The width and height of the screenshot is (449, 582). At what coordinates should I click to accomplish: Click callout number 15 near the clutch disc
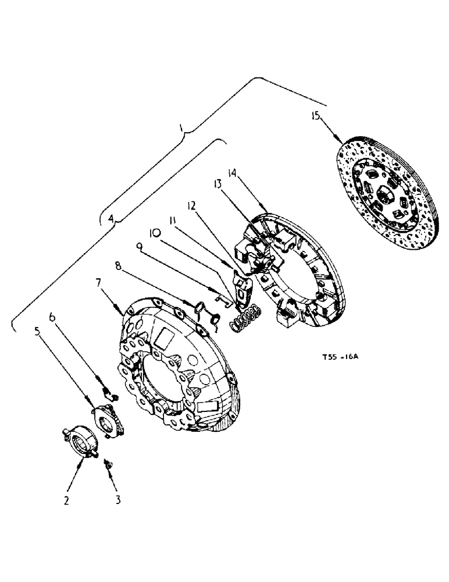point(315,116)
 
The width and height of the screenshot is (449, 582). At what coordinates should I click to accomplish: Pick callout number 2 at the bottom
point(66,500)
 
